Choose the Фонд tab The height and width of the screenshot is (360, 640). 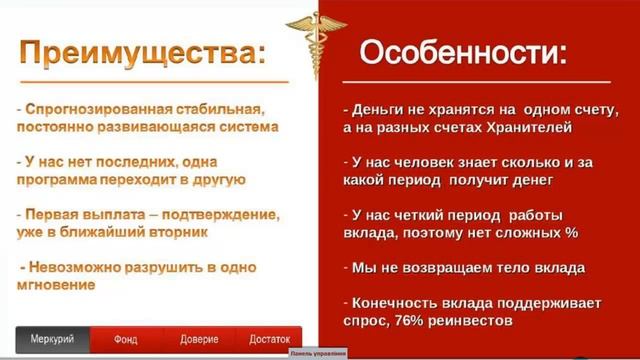click(x=124, y=339)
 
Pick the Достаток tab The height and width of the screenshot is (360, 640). click(x=268, y=339)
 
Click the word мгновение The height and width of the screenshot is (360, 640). click(x=57, y=285)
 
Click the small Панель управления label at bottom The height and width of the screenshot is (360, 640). click(x=317, y=353)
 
